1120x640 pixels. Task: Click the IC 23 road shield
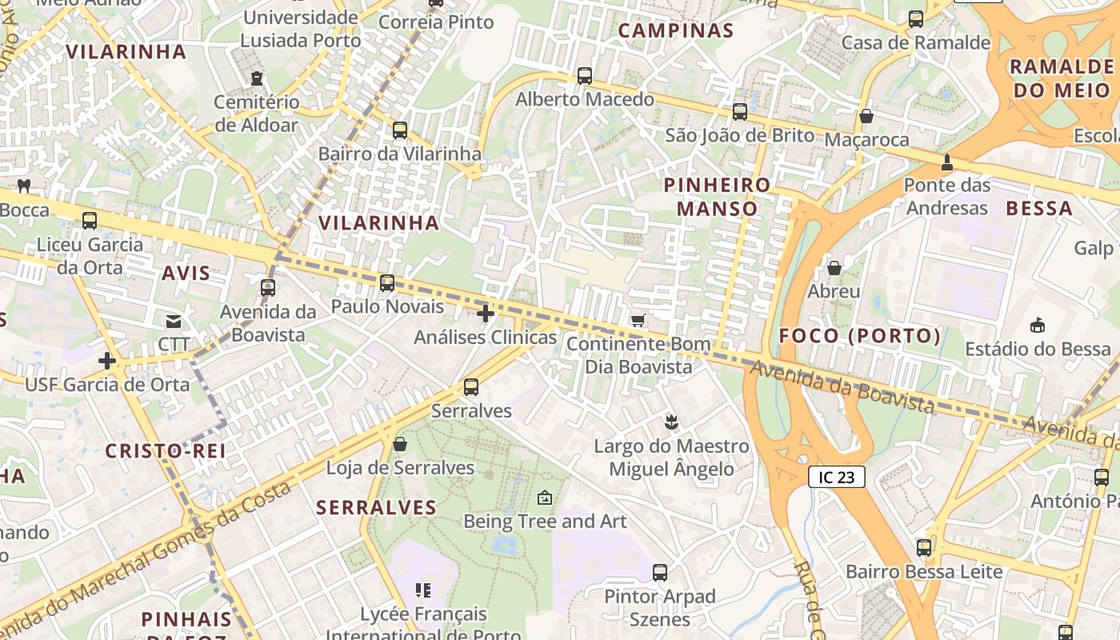pos(836,478)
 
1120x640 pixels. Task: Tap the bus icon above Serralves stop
pos(471,387)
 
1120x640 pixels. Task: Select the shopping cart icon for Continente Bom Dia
pos(638,321)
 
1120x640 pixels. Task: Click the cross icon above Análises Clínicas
pos(485,313)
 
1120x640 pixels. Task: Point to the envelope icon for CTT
pos(174,322)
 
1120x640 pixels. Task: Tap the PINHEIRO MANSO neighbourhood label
pos(718,197)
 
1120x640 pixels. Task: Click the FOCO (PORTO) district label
pos(860,336)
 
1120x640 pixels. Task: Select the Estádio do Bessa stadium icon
pos(1038,325)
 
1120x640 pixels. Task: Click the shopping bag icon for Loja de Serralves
pos(400,443)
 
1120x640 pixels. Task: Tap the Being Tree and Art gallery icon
pos(545,498)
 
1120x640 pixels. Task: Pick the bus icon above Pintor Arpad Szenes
pos(660,572)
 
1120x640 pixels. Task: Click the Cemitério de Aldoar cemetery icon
pos(256,78)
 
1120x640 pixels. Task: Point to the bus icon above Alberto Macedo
pos(585,76)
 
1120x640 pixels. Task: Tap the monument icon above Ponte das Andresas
pos(947,162)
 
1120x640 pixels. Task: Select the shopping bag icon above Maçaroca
pos(866,116)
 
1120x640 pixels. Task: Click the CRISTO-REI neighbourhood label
pos(166,451)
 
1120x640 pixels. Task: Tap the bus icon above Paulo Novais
pos(387,282)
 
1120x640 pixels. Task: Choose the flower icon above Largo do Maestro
pos(671,422)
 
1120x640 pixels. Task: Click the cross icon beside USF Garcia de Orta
pos(107,361)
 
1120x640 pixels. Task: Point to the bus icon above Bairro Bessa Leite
pos(924,548)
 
